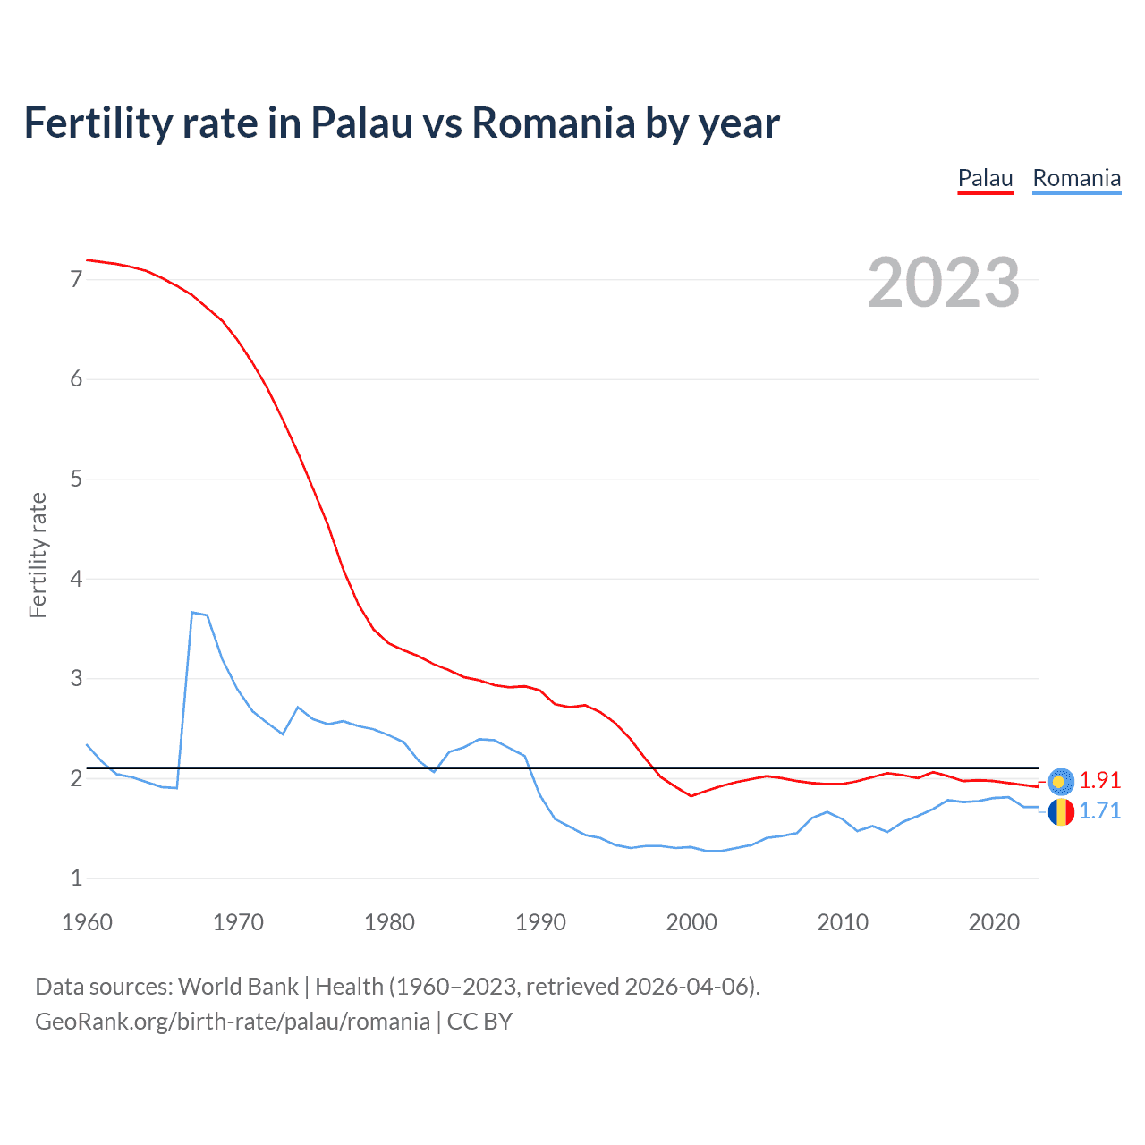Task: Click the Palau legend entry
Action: coord(985,178)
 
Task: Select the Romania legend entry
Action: coord(1076,178)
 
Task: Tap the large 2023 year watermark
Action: coord(944,283)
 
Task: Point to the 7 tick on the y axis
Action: coord(76,279)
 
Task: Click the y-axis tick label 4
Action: coord(76,579)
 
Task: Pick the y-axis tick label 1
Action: coord(76,878)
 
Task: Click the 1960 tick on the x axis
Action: coord(87,922)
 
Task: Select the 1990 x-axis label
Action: coord(540,922)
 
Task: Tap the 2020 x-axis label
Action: coord(994,922)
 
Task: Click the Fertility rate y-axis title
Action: coord(38,555)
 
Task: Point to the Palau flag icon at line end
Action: coord(1061,782)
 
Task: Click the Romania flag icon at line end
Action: coord(1061,812)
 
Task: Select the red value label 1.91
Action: coord(1099,780)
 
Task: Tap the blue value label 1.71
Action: coord(1099,810)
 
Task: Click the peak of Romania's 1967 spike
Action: coord(192,613)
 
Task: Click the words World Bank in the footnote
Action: coord(238,987)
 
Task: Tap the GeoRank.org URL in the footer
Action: coord(233,1022)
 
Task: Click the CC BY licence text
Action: coord(479,1022)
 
